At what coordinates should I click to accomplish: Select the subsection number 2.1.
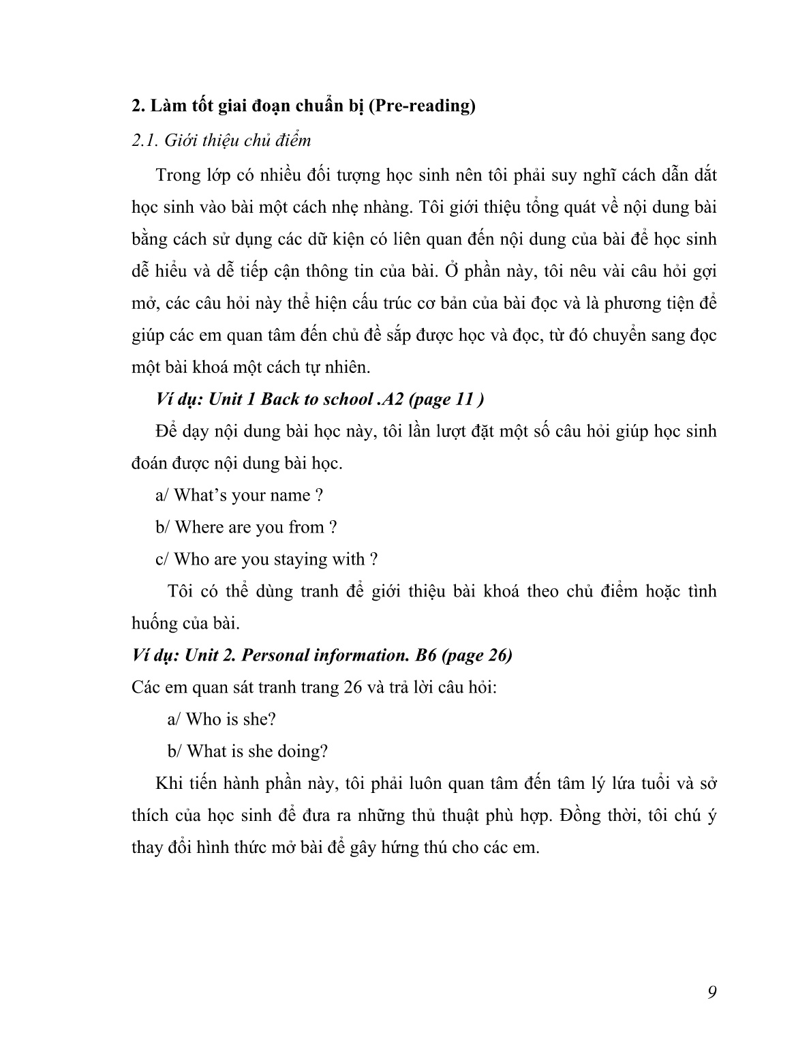[144, 140]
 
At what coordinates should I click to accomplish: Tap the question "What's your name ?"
[239, 496]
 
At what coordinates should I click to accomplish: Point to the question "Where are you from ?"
[246, 528]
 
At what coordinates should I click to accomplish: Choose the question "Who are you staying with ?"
[266, 560]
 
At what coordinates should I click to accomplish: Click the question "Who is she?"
[221, 719]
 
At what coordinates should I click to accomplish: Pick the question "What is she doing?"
[248, 751]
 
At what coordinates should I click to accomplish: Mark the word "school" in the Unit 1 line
[343, 399]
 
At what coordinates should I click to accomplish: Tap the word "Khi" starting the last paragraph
[168, 783]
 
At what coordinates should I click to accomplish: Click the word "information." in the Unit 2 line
[360, 655]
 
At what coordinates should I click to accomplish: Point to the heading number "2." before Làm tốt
[138, 107]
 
